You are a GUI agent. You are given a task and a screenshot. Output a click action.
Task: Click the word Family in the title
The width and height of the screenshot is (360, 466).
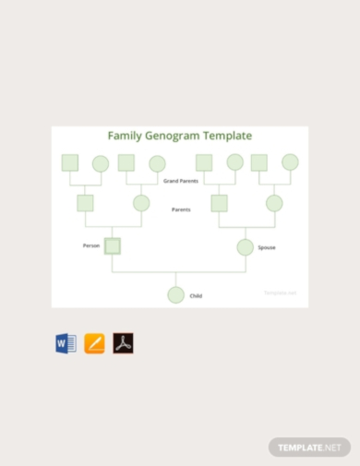[x=125, y=136]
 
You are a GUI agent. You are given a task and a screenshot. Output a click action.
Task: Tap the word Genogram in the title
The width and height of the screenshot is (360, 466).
[x=173, y=136]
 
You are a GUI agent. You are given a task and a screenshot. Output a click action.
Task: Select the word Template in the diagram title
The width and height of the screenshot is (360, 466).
[x=227, y=136]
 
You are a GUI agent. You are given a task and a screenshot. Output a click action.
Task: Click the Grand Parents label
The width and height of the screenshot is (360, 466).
[x=181, y=181]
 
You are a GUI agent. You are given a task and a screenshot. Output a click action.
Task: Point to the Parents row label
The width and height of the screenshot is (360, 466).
[x=181, y=209]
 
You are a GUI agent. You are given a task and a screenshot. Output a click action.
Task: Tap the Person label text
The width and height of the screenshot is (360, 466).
[x=91, y=245]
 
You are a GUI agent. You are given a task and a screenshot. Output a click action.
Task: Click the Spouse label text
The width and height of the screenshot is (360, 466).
[x=267, y=247]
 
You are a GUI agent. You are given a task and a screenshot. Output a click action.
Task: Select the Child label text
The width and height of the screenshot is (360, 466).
[x=196, y=295]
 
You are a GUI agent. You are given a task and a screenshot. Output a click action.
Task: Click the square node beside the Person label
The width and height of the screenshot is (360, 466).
[x=113, y=245]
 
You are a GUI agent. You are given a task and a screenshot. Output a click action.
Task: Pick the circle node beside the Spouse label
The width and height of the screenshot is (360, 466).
[x=245, y=246]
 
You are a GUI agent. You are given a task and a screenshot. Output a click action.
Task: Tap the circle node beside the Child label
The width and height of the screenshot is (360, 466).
[x=175, y=295]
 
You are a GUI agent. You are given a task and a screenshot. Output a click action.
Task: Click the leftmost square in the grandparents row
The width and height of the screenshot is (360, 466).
[x=70, y=162]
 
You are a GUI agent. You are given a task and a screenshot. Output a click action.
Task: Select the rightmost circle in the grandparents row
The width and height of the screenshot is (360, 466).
[x=290, y=162]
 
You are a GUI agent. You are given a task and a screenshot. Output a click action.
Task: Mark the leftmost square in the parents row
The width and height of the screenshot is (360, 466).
[x=86, y=203]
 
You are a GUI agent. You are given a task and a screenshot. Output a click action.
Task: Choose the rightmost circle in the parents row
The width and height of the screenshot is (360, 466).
[x=274, y=203]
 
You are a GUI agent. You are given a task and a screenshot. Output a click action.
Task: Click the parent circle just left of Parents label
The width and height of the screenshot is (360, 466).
[x=141, y=203]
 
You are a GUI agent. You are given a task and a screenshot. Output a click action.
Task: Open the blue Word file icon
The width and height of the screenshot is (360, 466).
[x=65, y=343]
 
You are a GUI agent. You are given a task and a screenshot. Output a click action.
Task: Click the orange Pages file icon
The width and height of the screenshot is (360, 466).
[x=94, y=343]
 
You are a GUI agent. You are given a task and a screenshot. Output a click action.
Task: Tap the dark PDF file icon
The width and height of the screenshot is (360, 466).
[x=123, y=343]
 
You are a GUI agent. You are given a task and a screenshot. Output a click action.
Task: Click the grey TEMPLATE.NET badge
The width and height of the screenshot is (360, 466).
[x=310, y=447]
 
